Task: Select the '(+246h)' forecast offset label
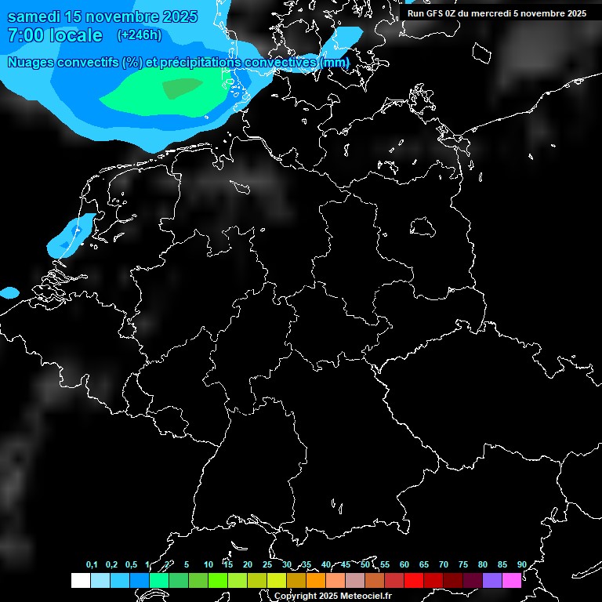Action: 139,35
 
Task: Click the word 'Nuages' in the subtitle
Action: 32,62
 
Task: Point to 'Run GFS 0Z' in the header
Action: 434,13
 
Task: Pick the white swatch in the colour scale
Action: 80,580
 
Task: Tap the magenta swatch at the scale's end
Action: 512,580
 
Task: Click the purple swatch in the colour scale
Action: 492,580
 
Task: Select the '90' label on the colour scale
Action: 522,565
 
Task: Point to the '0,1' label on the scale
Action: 92,565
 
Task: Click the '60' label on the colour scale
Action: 404,565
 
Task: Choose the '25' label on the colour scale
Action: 267,565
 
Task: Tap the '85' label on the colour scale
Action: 502,565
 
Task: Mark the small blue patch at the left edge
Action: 9,292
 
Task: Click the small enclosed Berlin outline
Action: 422,227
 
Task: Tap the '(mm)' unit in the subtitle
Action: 335,62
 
